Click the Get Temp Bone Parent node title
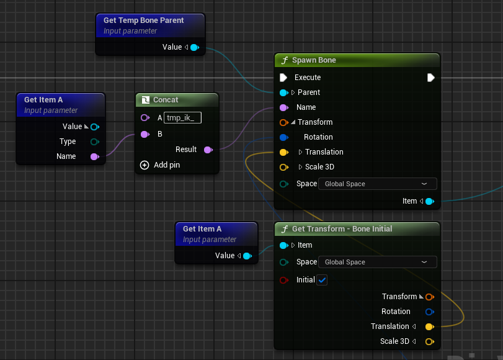[x=143, y=20]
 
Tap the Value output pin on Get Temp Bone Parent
[x=195, y=48]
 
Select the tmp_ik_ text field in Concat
[x=182, y=117]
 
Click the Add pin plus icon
[x=145, y=165]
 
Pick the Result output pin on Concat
[x=208, y=150]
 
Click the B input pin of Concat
[x=145, y=134]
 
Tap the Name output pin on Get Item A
[x=95, y=156]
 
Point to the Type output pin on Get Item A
[x=95, y=142]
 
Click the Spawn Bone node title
[x=314, y=60]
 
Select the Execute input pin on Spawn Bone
[x=283, y=78]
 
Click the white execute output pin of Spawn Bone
[x=431, y=78]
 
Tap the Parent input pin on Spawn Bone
[x=284, y=93]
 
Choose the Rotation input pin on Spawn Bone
[x=284, y=137]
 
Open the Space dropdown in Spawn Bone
[x=378, y=184]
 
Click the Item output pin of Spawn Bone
[x=430, y=201]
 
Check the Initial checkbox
[x=322, y=280]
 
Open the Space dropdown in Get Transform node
[x=378, y=262]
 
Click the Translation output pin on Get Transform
[x=430, y=327]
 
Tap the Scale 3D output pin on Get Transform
[x=430, y=342]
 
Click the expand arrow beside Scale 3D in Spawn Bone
[x=300, y=167]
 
